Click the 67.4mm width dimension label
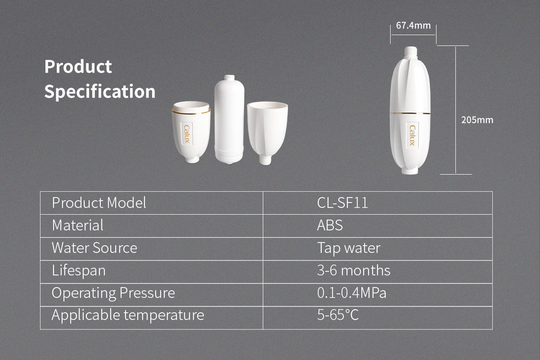[x=413, y=25]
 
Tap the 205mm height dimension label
[x=477, y=120]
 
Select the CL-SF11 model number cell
[x=342, y=203]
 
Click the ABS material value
[x=330, y=225]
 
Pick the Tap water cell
[x=349, y=248]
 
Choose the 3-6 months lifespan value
[x=354, y=270]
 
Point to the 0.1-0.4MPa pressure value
[x=352, y=293]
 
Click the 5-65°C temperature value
[x=338, y=315]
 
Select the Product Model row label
[x=99, y=203]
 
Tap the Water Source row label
[x=94, y=248]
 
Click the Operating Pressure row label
[x=113, y=293]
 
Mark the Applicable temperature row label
[x=128, y=315]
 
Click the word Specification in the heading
[x=100, y=92]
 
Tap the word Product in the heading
[x=78, y=67]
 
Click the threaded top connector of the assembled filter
[x=410, y=53]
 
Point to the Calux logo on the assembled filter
[x=413, y=135]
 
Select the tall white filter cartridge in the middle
[x=229, y=119]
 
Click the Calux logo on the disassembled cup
[x=187, y=134]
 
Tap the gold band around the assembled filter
[x=410, y=113]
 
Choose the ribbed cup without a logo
[x=267, y=133]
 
